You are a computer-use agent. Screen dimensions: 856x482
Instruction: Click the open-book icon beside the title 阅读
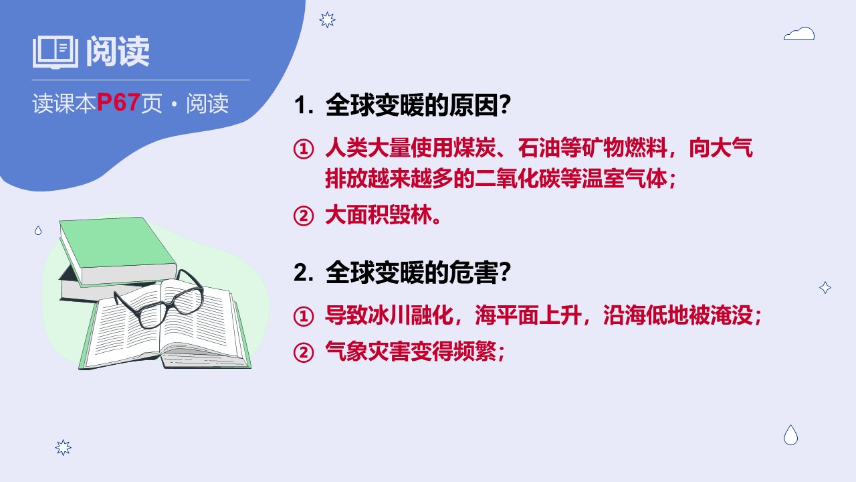[56, 52]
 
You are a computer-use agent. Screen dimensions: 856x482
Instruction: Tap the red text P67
[118, 102]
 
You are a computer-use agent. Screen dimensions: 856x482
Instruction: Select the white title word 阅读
[117, 52]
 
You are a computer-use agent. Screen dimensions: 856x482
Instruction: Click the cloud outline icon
[799, 33]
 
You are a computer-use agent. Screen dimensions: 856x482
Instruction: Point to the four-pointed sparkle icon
[825, 287]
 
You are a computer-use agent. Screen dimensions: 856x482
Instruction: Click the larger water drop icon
[790, 435]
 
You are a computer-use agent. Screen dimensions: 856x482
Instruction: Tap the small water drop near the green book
[38, 230]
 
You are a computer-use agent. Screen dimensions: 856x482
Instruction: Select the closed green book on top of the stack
[117, 250]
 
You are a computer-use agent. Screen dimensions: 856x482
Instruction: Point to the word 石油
[539, 148]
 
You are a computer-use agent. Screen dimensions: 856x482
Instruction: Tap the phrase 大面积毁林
[379, 215]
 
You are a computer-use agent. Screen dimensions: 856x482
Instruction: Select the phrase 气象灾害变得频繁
[411, 351]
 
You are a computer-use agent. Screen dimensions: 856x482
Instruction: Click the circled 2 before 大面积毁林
[304, 216]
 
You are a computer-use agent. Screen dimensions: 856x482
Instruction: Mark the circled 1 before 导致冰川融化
[304, 316]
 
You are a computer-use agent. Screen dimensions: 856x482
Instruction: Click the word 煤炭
[475, 148]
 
